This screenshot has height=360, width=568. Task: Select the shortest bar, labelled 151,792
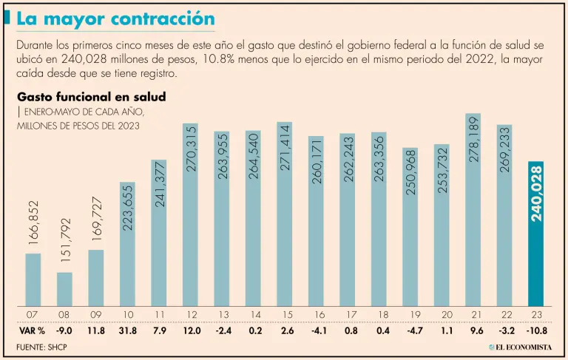coord(64,289)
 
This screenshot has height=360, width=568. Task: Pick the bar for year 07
coord(33,279)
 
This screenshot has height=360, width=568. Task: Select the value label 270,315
coord(191,149)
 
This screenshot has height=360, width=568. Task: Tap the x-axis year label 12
coord(191,314)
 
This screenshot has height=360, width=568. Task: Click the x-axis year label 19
coord(410,314)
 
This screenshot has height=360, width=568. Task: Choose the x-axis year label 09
coord(96,314)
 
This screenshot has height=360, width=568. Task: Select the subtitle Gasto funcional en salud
coord(91,97)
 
